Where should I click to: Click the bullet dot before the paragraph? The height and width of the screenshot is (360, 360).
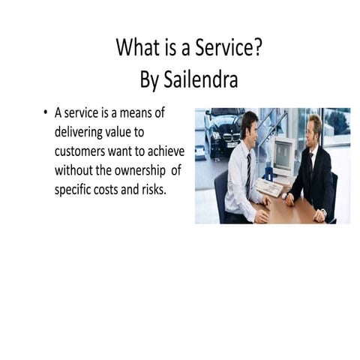pos(46,114)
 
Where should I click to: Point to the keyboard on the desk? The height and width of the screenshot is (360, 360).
pos(268,187)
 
